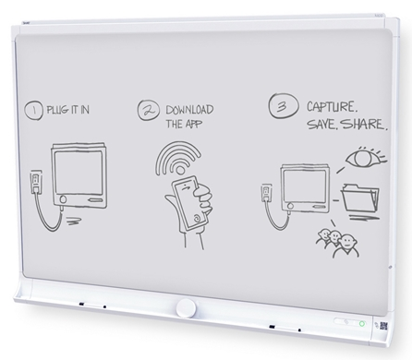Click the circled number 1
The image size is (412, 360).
[x=33, y=111]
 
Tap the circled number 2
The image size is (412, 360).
[x=149, y=110]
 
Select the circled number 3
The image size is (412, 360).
[x=283, y=106]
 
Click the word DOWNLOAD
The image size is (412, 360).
[x=189, y=110]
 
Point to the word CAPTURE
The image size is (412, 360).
[x=332, y=106]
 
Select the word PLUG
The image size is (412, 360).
[x=57, y=110]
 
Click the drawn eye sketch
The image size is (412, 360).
[x=366, y=157]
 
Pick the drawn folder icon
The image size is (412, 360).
[x=359, y=198]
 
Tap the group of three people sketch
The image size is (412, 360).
[x=338, y=243]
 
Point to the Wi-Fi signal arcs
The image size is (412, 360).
[x=177, y=158]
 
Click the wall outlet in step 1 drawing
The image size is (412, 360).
[x=36, y=182]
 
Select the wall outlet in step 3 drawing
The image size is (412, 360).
[x=266, y=193]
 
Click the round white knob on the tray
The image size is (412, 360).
[x=186, y=307]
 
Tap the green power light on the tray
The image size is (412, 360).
[x=362, y=323]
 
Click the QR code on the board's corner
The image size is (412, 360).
[x=383, y=326]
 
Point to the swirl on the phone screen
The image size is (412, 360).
[x=197, y=218]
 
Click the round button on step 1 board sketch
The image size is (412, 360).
[x=63, y=199]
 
